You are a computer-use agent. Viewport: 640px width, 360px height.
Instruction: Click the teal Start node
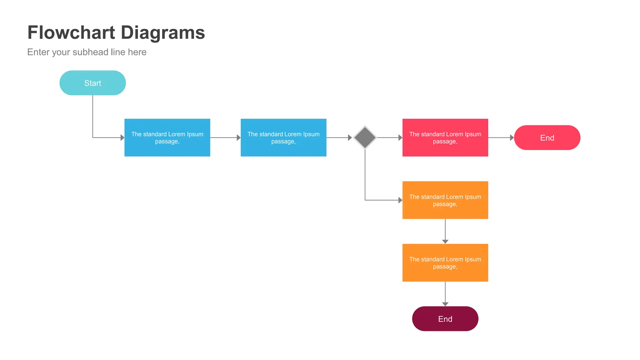[x=92, y=83]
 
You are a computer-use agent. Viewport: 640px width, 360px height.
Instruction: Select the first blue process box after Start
[x=167, y=137]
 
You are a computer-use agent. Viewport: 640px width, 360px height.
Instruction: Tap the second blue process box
[x=283, y=137]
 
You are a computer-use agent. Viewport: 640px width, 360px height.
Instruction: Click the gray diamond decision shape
[x=365, y=137]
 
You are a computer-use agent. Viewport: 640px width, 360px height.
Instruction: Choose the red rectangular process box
[x=445, y=137]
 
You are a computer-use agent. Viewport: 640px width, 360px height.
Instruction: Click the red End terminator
[x=547, y=137]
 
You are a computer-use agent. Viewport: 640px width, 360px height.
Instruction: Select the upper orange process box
[x=445, y=200]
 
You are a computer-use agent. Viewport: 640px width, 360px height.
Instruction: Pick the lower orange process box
[x=445, y=262]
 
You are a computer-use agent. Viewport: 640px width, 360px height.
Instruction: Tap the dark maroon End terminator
[x=445, y=319]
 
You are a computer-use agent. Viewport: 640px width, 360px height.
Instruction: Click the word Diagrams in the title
[x=162, y=32]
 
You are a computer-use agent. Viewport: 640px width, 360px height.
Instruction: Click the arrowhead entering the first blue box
[x=122, y=137]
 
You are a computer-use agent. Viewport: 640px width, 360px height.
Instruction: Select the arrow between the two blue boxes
[x=225, y=137]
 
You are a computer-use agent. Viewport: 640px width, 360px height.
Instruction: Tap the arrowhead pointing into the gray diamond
[x=350, y=137]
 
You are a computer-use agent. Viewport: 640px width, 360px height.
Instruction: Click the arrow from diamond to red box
[x=389, y=137]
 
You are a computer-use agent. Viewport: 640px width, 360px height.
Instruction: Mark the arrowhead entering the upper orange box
[x=400, y=200]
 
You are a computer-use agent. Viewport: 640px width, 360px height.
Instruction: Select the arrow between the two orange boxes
[x=445, y=231]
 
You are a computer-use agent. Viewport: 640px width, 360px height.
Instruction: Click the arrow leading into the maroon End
[x=445, y=294]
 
